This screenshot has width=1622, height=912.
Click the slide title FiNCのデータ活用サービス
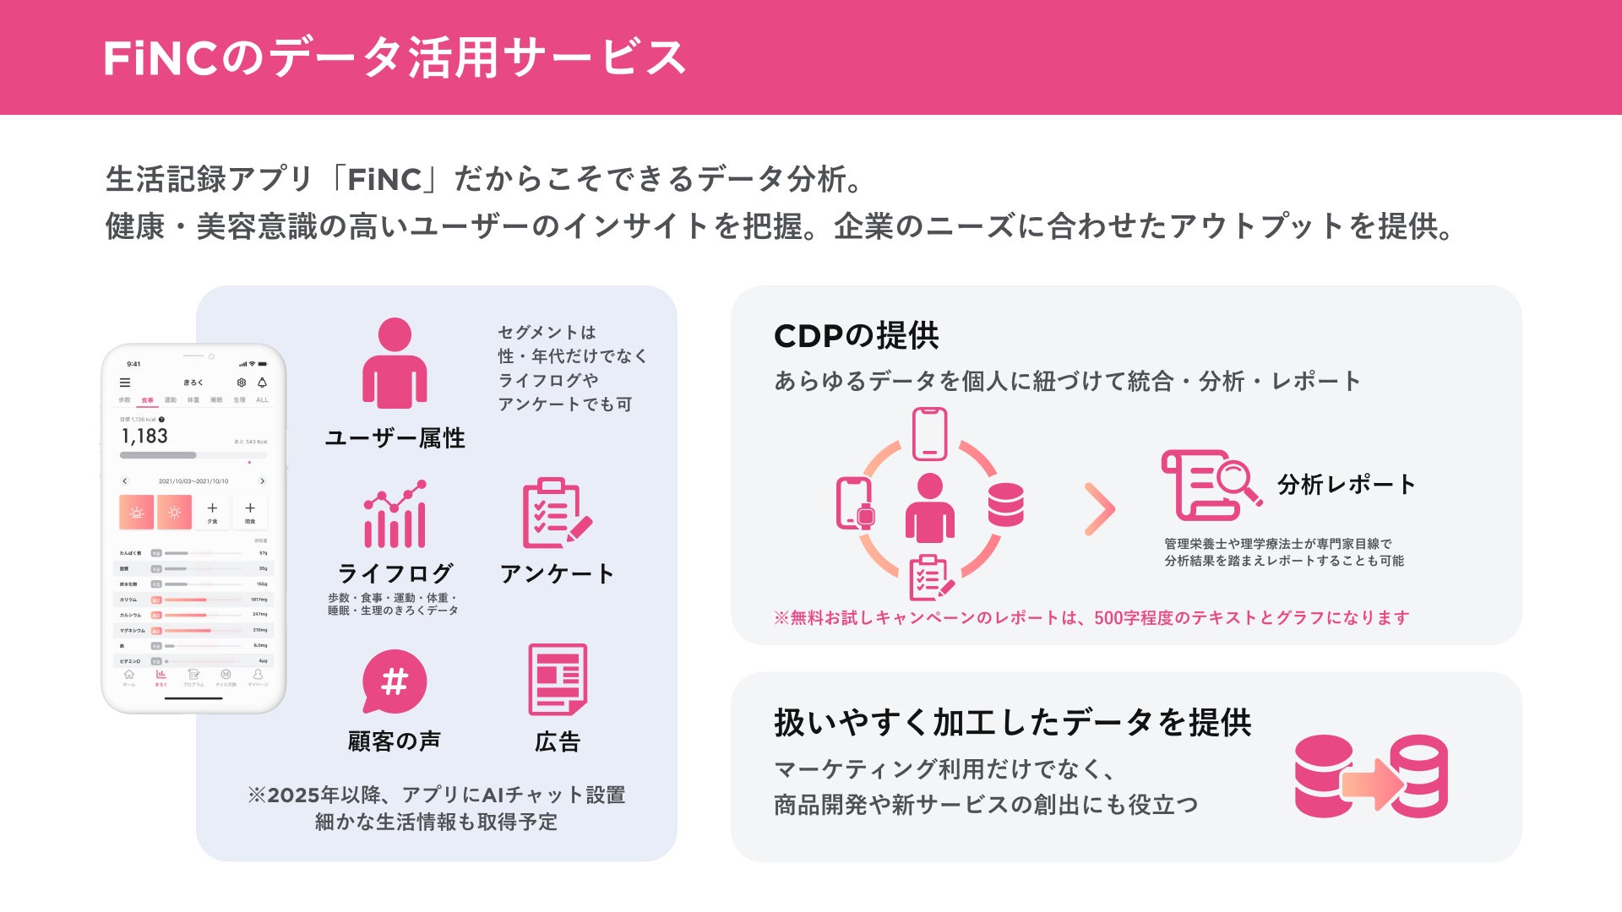pos(394,57)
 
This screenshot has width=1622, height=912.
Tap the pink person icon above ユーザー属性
pos(395,363)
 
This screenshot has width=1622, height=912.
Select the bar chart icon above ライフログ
pos(395,514)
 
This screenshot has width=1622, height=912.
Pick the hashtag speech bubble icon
pos(395,681)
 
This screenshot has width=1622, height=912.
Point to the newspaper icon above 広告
pos(558,680)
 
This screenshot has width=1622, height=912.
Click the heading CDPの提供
pos(856,336)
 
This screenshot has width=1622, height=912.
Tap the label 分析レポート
pos(1346,484)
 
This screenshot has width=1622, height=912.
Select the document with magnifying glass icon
pos(1211,485)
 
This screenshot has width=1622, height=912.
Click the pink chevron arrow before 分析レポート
pos(1100,509)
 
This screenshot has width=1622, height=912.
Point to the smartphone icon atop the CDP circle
pos(929,434)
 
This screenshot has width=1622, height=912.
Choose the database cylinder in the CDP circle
pos(1005,504)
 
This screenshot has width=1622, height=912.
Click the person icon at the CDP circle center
pos(929,508)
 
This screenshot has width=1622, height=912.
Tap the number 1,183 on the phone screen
pos(144,437)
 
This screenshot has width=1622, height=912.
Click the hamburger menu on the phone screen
pos(125,383)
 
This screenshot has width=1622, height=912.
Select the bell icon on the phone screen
pos(262,383)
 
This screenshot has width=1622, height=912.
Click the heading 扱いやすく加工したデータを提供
pos(1012,723)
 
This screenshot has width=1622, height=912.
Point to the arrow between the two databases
pos(1372,784)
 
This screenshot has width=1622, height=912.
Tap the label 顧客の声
pos(395,741)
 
